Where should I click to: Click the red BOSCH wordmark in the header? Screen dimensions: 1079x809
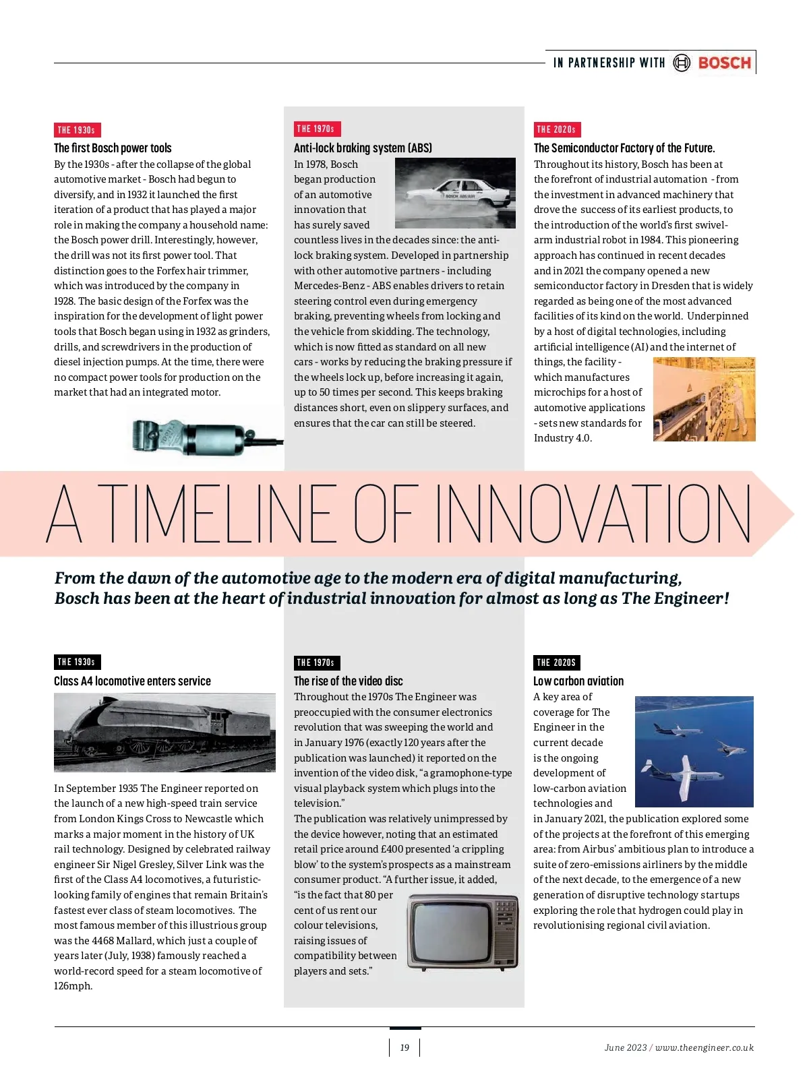[x=724, y=63]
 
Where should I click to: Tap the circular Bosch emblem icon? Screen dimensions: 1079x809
[x=682, y=63]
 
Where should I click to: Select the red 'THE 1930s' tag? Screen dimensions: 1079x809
[x=77, y=130]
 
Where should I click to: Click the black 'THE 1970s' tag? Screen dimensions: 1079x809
[x=317, y=662]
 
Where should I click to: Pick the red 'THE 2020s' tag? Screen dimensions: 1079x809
[x=557, y=129]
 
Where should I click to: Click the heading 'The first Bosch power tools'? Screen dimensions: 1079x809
[x=113, y=148]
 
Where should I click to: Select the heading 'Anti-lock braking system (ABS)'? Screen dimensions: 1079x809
[x=363, y=148]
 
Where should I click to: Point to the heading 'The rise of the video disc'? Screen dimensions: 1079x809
[x=348, y=681]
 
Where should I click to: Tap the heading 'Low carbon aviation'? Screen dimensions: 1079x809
[x=578, y=681]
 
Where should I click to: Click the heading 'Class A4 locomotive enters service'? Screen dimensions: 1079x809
[x=132, y=681]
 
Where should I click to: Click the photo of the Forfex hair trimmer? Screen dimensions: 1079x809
[x=202, y=435]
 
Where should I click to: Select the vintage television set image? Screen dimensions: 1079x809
[x=463, y=932]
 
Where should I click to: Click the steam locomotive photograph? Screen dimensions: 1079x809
[x=164, y=733]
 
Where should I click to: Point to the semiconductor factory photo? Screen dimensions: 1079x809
[x=704, y=399]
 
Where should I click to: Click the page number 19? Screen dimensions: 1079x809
[x=404, y=1047]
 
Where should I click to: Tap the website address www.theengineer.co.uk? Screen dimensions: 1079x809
[x=705, y=1047]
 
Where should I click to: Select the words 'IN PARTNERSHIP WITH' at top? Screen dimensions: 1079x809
[x=609, y=63]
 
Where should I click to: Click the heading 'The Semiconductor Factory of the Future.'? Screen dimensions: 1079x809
[x=624, y=148]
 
